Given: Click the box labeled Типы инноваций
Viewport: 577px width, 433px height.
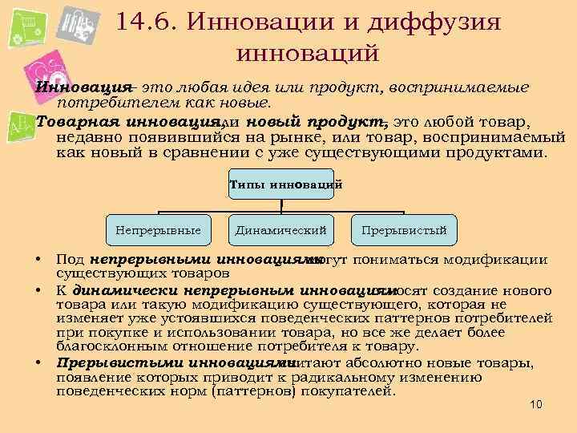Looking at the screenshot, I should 285,184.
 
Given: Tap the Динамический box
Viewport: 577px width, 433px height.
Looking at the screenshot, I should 280,231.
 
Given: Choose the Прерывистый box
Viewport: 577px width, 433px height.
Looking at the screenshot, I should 404,231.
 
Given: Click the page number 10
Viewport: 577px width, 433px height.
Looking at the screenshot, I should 536,403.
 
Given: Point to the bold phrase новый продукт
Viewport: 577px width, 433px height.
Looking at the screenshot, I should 317,121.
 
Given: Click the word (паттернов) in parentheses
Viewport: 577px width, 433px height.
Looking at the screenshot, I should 240,391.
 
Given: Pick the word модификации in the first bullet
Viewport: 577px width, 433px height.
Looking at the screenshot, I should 495,260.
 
